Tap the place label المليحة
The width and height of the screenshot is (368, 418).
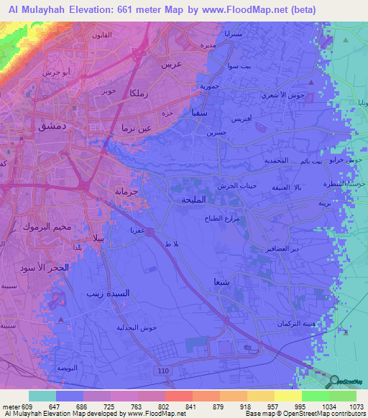[x=194, y=200]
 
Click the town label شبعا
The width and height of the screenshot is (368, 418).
[x=221, y=282]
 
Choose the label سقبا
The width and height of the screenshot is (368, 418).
[x=201, y=112]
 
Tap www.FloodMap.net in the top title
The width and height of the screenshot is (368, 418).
[x=234, y=11]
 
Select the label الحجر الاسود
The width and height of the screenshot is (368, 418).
[x=48, y=267]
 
